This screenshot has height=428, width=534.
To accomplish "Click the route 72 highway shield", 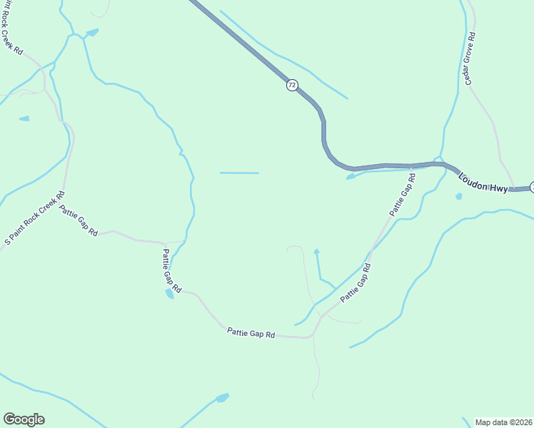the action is pyautogui.click(x=292, y=85).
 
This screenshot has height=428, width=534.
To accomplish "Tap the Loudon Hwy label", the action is pyautogui.click(x=483, y=183).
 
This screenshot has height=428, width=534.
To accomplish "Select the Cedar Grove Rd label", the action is pyautogui.click(x=470, y=58).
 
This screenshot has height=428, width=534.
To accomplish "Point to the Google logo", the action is pyautogui.click(x=24, y=419).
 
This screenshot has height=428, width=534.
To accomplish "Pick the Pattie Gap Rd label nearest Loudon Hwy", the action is pyautogui.click(x=402, y=193).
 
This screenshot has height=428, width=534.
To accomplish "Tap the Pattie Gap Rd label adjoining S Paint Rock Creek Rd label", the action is pyautogui.click(x=79, y=221).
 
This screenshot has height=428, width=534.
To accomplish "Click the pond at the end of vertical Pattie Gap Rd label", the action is pyautogui.click(x=170, y=293).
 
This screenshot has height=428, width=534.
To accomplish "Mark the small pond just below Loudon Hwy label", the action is pyautogui.click(x=458, y=196).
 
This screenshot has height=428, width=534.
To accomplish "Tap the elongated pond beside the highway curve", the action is pyautogui.click(x=351, y=176).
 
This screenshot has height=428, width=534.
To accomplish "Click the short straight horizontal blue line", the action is pyautogui.click(x=239, y=173).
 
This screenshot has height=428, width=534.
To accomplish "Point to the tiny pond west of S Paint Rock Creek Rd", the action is pyautogui.click(x=24, y=118).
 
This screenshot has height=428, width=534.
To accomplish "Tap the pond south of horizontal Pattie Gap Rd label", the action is pyautogui.click(x=222, y=397).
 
